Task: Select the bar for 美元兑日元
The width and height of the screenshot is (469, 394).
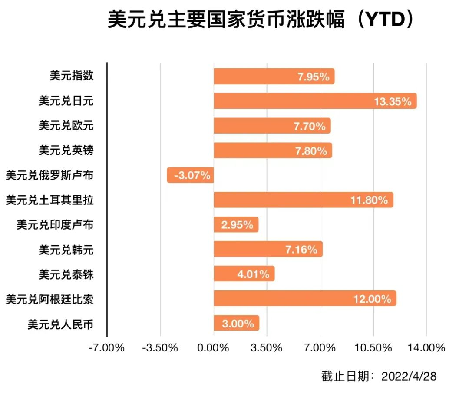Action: point(304,101)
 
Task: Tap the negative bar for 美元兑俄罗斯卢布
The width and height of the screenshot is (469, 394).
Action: point(190,175)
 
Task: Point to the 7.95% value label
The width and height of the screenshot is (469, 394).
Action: point(313,77)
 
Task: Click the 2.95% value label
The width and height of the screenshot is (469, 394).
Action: point(237,225)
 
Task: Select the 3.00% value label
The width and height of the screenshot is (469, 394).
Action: point(238,324)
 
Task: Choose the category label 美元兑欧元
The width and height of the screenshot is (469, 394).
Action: point(66,126)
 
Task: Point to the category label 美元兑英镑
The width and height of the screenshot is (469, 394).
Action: point(66,150)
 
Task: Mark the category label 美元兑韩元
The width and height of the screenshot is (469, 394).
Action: point(66,250)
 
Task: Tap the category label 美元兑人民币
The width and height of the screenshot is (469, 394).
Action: point(60,324)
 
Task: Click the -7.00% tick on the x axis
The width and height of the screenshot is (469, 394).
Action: point(106,348)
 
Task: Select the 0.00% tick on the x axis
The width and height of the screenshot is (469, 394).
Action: point(213,348)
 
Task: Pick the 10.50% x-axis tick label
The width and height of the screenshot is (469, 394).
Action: point(373,348)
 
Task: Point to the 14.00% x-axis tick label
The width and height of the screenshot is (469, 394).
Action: point(426,348)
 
